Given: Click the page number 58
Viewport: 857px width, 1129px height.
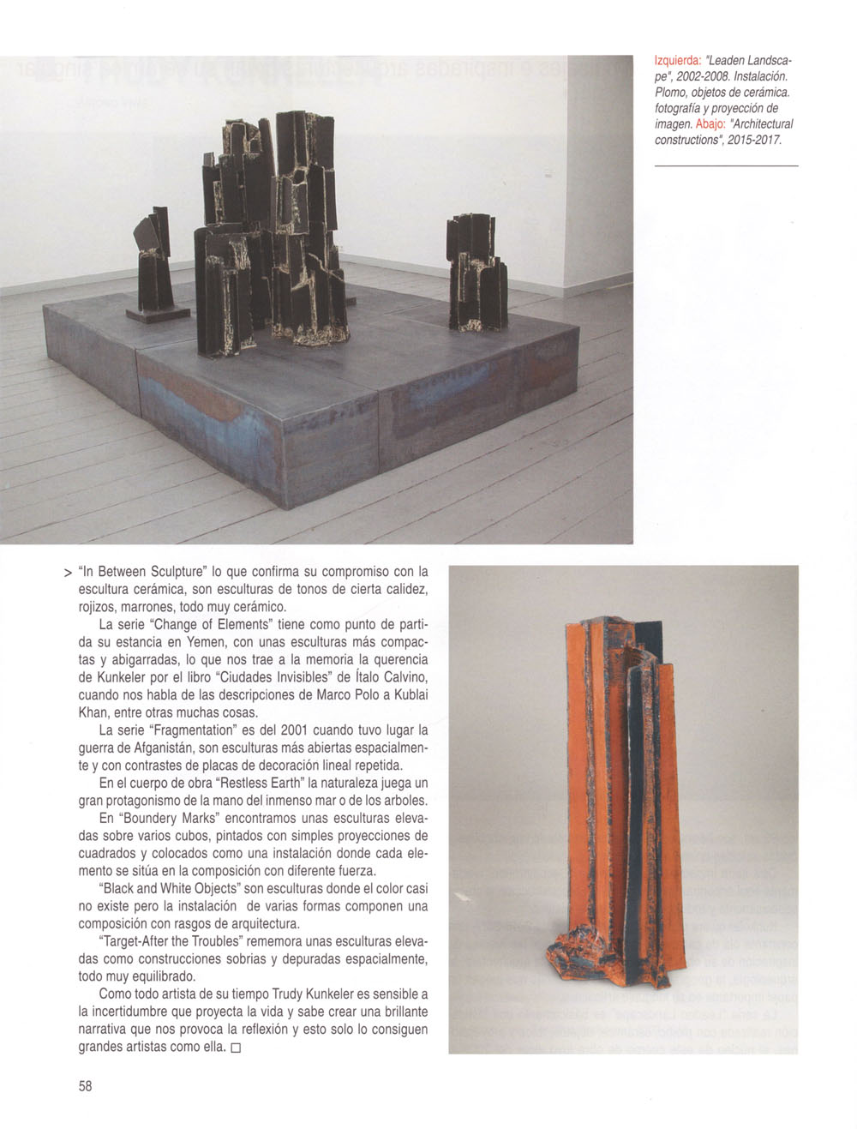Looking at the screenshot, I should pos(85,1085).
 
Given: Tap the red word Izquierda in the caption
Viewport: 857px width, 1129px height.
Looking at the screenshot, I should pos(677,62).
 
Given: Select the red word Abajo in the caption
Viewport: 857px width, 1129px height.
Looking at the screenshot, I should pos(710,123).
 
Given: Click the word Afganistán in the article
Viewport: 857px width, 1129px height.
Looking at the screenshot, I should pos(166,748).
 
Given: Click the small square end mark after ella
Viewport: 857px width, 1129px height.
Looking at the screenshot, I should pos(236,1048).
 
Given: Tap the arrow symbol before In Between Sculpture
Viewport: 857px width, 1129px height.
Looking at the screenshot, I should pos(67,572).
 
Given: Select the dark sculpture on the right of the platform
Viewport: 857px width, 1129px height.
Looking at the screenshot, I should pos(476,273).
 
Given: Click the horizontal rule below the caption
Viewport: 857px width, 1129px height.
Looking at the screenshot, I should pos(726,165).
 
